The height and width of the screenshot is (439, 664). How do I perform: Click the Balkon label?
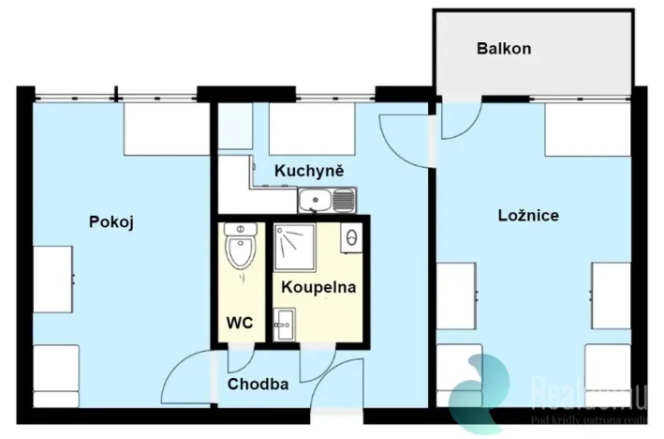tap(504, 48)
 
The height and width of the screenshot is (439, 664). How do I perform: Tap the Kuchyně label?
tap(309, 171)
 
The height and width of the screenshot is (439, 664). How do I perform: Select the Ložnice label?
tap(528, 216)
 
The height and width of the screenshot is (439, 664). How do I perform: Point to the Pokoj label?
tap(112, 222)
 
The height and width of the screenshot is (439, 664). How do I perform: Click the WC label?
tap(240, 323)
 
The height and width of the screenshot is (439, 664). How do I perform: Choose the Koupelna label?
tap(318, 287)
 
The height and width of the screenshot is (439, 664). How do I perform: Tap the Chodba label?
tap(258, 384)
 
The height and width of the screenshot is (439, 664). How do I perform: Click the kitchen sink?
tap(317, 200)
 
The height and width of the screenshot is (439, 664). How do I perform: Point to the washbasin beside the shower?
tap(352, 237)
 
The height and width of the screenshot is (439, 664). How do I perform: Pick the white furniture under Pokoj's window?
tap(166, 129)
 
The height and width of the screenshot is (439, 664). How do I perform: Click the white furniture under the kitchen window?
tap(313, 129)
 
